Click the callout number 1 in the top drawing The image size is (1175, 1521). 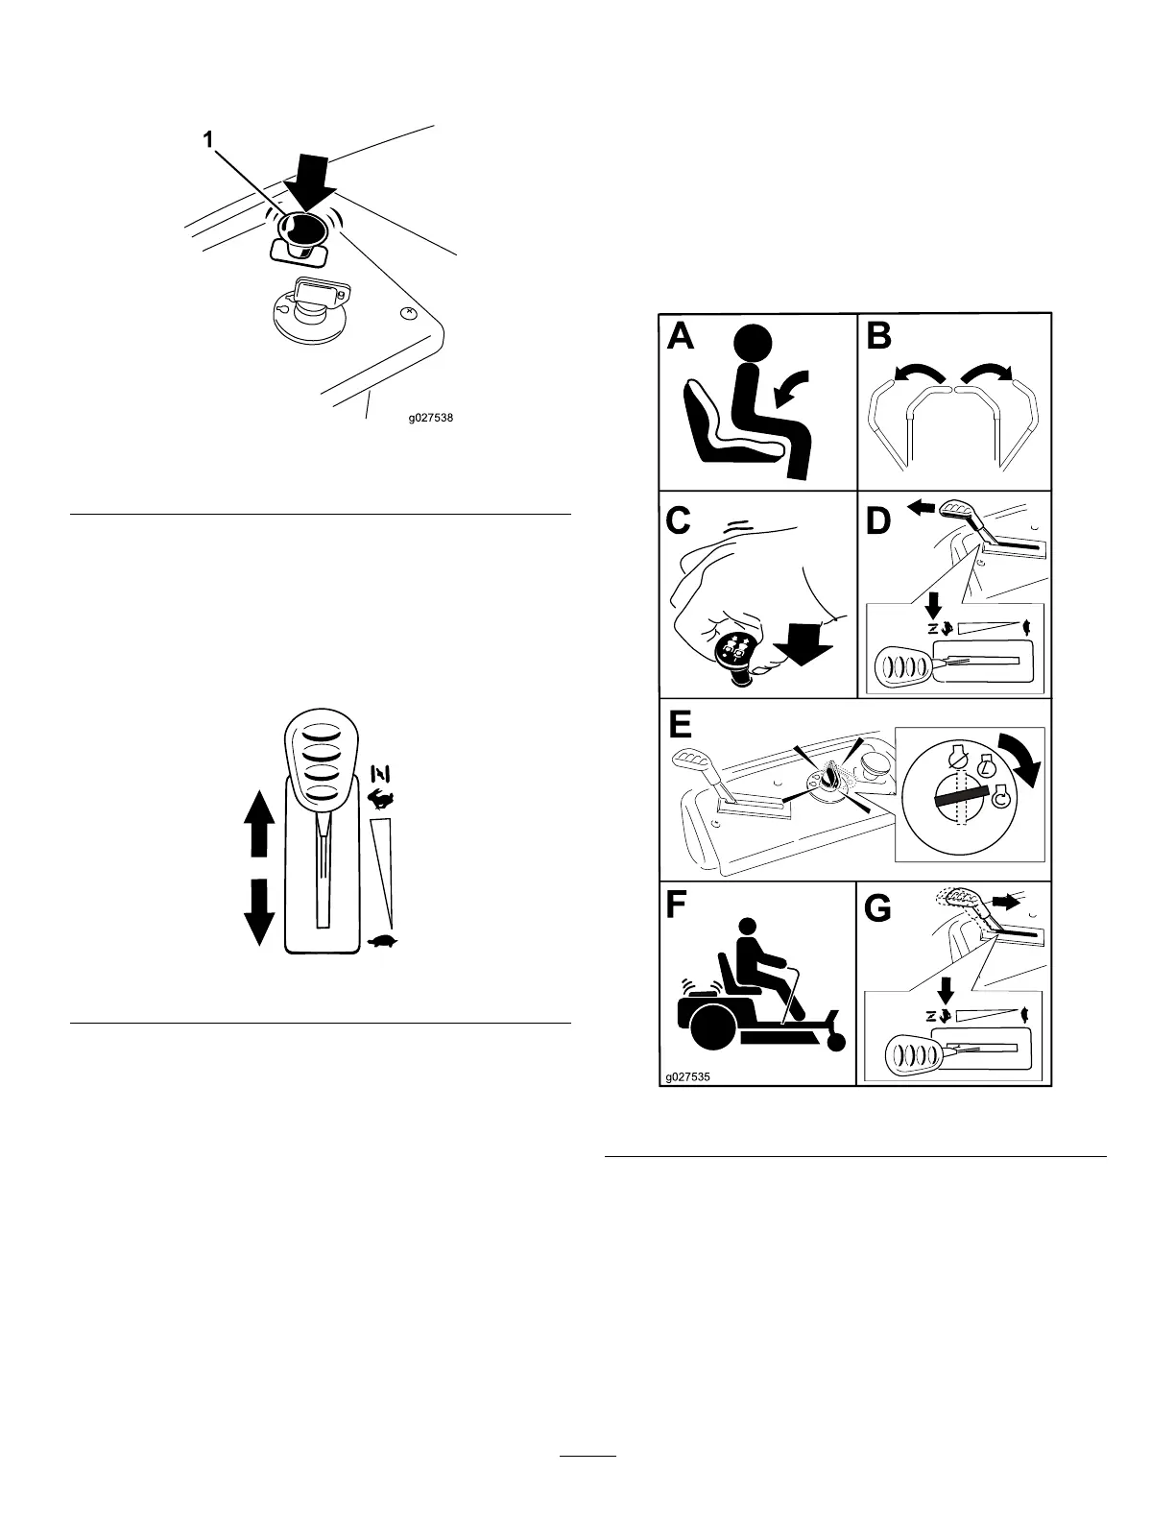(x=207, y=140)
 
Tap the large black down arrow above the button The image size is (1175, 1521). (x=309, y=181)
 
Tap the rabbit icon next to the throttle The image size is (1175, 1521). (x=381, y=798)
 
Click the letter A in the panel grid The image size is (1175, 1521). (x=682, y=339)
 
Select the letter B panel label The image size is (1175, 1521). (x=880, y=339)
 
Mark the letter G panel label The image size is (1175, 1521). (x=879, y=908)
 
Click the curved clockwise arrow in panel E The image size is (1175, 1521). (x=1017, y=759)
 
